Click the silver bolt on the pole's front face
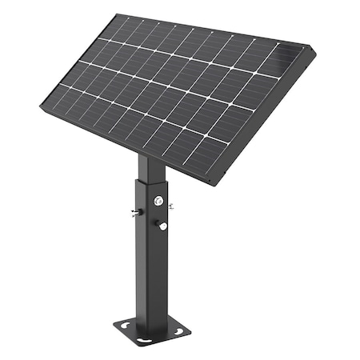pyautogui.click(x=158, y=200)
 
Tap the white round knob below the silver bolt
pyautogui.click(x=162, y=226)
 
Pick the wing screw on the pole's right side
pyautogui.click(x=171, y=206)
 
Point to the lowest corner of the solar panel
pyautogui.click(x=212, y=185)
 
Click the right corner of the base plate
pyautogui.click(x=190, y=329)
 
